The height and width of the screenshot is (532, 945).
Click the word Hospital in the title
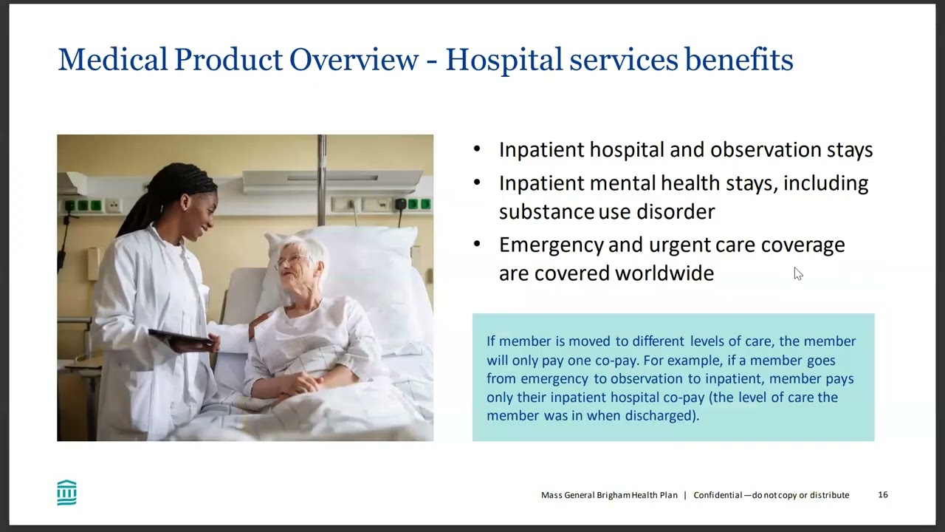(504, 60)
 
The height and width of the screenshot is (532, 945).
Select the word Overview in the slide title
(354, 59)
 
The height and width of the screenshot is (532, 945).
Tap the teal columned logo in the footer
(66, 492)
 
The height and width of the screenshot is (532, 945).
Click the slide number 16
(883, 494)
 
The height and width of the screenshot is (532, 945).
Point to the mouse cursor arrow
(798, 273)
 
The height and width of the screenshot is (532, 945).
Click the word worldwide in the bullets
(664, 273)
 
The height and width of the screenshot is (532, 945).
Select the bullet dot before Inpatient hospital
(477, 149)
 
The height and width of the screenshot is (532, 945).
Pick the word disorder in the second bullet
(676, 211)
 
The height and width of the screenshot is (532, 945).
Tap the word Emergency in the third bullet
(551, 245)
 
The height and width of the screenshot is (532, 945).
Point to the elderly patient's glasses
(290, 261)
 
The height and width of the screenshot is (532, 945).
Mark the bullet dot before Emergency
(477, 244)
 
